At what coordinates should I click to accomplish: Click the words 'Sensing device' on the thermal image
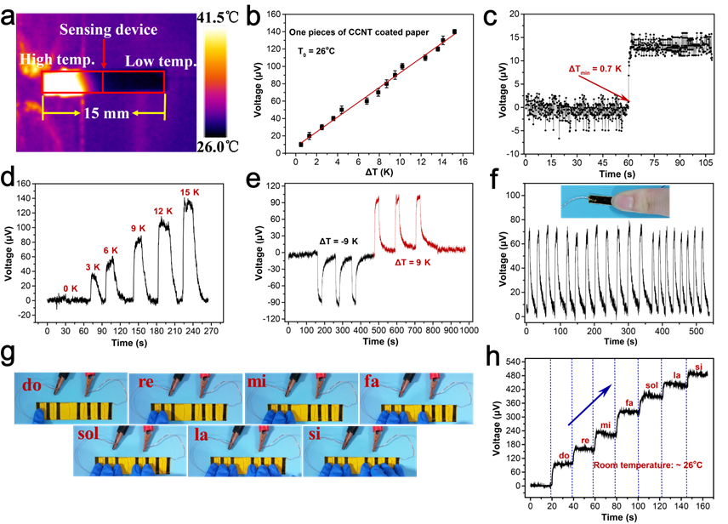click(x=108, y=30)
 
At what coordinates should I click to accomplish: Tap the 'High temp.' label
click(x=57, y=60)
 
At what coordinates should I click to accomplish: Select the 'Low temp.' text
click(x=160, y=61)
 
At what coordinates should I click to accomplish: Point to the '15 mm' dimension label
click(x=105, y=113)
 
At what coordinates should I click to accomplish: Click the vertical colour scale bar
click(x=215, y=81)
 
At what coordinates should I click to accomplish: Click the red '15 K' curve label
click(x=190, y=192)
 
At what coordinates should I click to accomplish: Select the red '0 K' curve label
click(x=71, y=288)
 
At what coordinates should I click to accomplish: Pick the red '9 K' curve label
click(x=139, y=229)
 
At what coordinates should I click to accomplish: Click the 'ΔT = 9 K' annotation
click(x=412, y=263)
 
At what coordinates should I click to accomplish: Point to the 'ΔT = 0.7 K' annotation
click(x=595, y=68)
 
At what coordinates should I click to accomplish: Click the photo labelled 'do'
click(x=71, y=397)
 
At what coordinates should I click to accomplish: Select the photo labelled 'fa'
click(x=416, y=397)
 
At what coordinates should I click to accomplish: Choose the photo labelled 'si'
click(x=360, y=451)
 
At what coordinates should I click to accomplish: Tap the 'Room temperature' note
click(x=647, y=464)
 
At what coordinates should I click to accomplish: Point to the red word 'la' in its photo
click(x=202, y=436)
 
